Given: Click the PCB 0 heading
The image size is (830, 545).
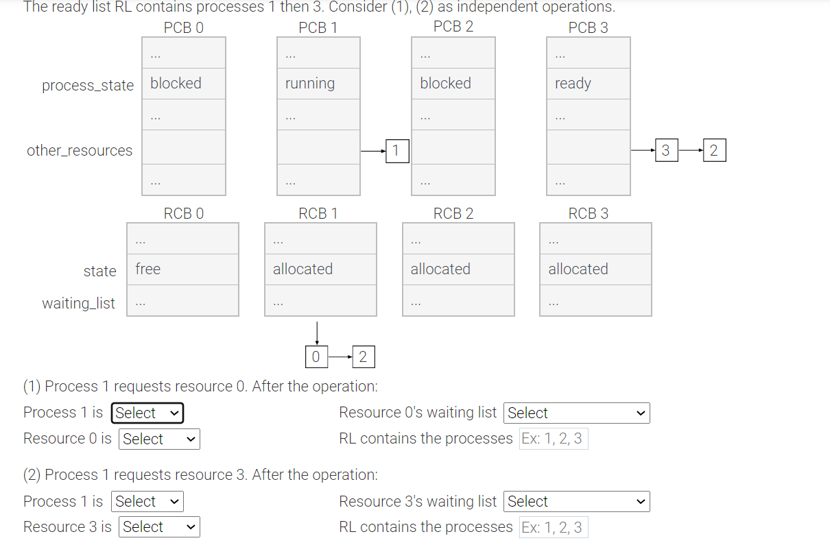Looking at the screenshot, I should click(183, 27).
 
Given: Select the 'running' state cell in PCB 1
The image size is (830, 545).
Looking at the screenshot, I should click(318, 84).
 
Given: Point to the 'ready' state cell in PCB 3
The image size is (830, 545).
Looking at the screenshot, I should click(588, 84).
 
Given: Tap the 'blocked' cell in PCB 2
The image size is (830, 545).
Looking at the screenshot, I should click(453, 84).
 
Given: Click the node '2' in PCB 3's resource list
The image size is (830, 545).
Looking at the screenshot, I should click(714, 151).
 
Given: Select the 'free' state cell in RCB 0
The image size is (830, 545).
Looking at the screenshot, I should click(182, 269).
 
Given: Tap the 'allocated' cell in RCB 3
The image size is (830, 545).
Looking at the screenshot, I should click(595, 269).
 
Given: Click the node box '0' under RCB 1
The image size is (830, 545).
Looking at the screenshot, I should click(316, 356).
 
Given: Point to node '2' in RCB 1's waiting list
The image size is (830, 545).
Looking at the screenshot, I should click(363, 356).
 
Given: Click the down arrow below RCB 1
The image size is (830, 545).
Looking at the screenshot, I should click(316, 332).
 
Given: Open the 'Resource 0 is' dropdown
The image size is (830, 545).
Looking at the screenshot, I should click(159, 439).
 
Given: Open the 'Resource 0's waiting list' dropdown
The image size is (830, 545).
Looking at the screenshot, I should click(576, 413).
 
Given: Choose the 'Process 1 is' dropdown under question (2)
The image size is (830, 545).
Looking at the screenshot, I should click(147, 502).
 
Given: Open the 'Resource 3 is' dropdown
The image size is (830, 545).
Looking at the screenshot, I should click(159, 527).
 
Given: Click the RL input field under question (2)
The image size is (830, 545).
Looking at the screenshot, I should click(553, 527).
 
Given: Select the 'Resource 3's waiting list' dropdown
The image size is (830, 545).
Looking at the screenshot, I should click(576, 502).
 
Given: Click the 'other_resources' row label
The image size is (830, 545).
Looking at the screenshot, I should click(80, 151).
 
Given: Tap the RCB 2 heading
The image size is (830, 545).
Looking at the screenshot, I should click(453, 213).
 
